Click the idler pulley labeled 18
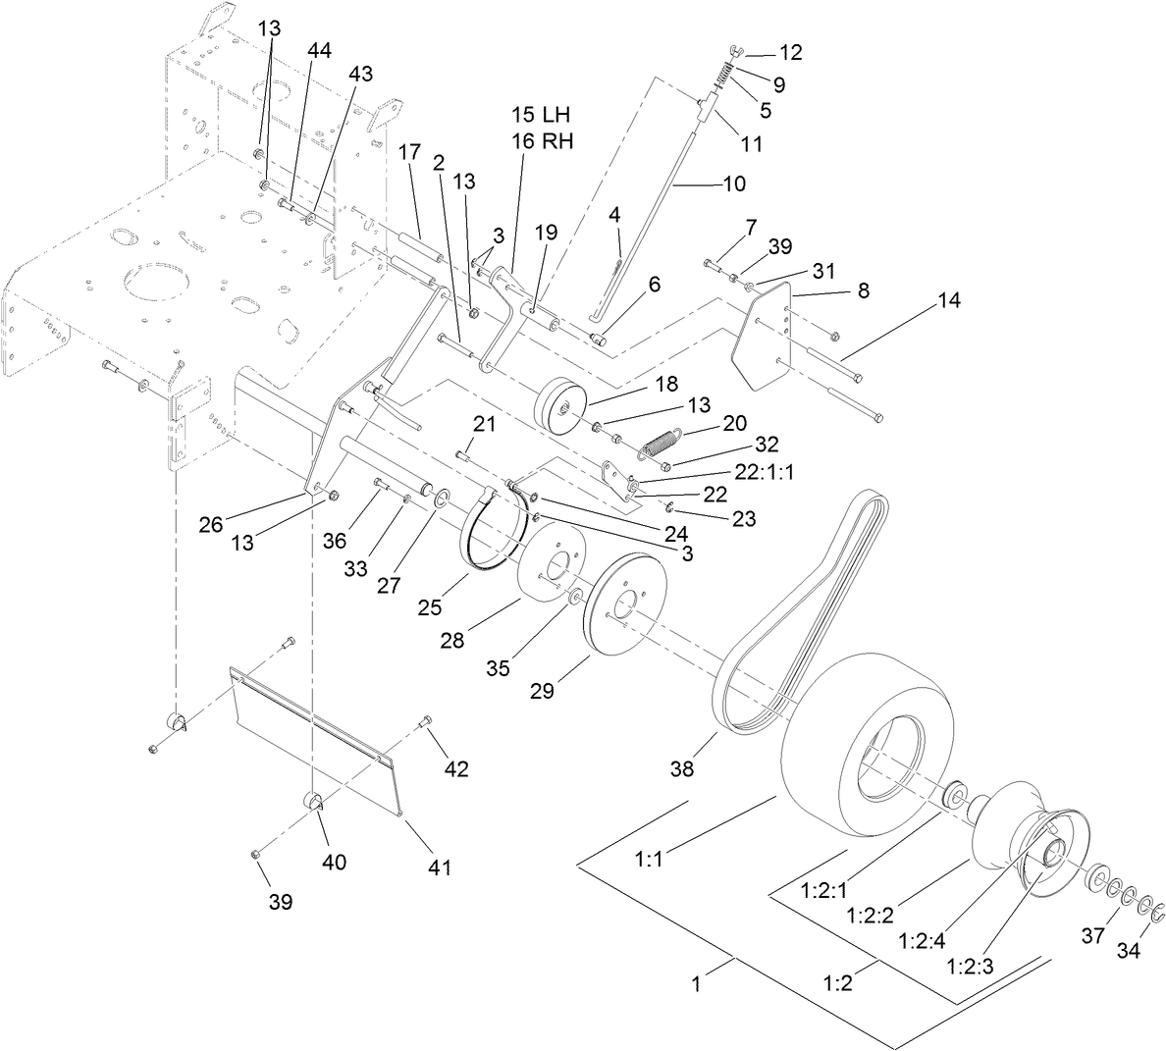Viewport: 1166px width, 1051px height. pos(560,403)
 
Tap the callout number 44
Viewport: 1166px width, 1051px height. pos(319,49)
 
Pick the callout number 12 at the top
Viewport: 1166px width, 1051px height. pos(790,53)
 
